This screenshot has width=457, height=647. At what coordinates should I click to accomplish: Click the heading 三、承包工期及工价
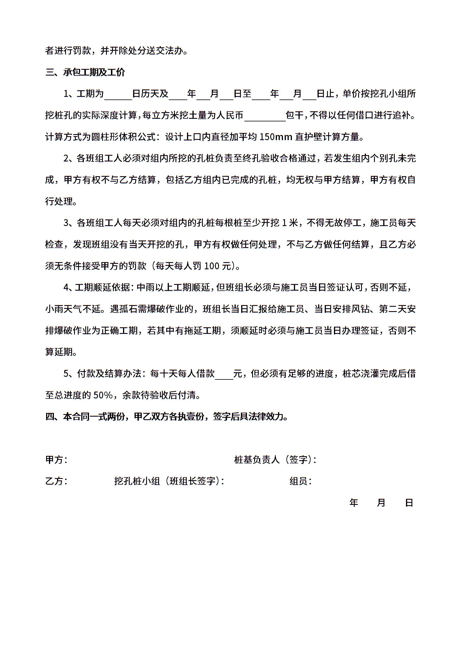pos(85,72)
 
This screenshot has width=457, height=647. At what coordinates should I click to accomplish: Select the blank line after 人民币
pos(265,116)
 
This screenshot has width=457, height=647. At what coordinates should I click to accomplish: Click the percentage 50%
pos(103,395)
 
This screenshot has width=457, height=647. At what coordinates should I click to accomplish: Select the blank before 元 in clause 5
pos(224,374)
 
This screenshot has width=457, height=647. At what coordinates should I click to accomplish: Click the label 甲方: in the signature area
pos(56,460)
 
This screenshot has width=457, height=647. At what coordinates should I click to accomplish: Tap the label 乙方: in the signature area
pos(56,481)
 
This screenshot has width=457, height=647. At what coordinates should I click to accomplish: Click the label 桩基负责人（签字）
pos(275,460)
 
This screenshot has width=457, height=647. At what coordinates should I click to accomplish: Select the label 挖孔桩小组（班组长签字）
pos(169,481)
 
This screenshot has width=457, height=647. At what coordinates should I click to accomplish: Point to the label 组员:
pos(300,481)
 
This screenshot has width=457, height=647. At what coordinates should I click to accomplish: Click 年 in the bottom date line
pos(354,503)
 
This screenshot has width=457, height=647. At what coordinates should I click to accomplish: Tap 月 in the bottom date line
pos(381,503)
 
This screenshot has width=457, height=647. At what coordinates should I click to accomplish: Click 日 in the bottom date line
pos(409,503)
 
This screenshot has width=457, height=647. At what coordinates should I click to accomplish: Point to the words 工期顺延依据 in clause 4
pos(102,288)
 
